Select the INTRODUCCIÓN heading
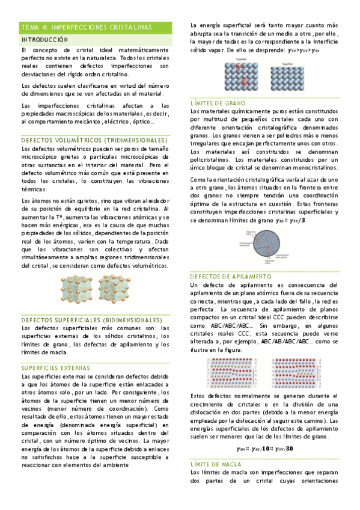pyautogui.click(x=44, y=39)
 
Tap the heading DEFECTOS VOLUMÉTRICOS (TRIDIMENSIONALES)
pyautogui.click(x=90, y=140)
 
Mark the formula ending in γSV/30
pyautogui.click(x=264, y=448)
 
